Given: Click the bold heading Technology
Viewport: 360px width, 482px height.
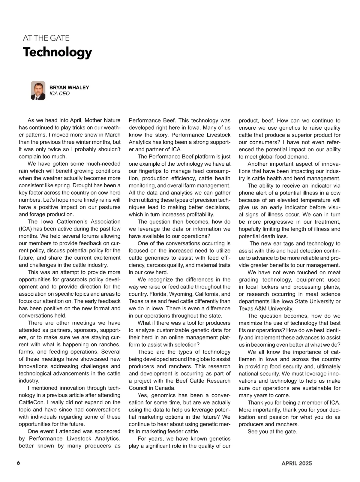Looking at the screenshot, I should pos(57,52).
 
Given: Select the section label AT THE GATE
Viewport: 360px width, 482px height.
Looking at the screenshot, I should pos(46,38).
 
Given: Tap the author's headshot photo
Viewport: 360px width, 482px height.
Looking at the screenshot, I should pos(38,90).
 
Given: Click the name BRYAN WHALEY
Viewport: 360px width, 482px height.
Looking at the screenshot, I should pos(69,88).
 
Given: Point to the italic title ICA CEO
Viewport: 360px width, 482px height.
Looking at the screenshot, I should pos(59,94).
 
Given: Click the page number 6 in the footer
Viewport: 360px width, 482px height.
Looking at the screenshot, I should pos(18,463).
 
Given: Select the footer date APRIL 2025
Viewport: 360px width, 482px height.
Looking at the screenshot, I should pos(296,463).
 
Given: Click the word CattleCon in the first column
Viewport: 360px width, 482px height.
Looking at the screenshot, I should pos(31,402).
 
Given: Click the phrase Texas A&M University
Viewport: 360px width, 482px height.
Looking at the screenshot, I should pos(266,309).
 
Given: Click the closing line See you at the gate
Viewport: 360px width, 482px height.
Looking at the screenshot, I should pos(272,432).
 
